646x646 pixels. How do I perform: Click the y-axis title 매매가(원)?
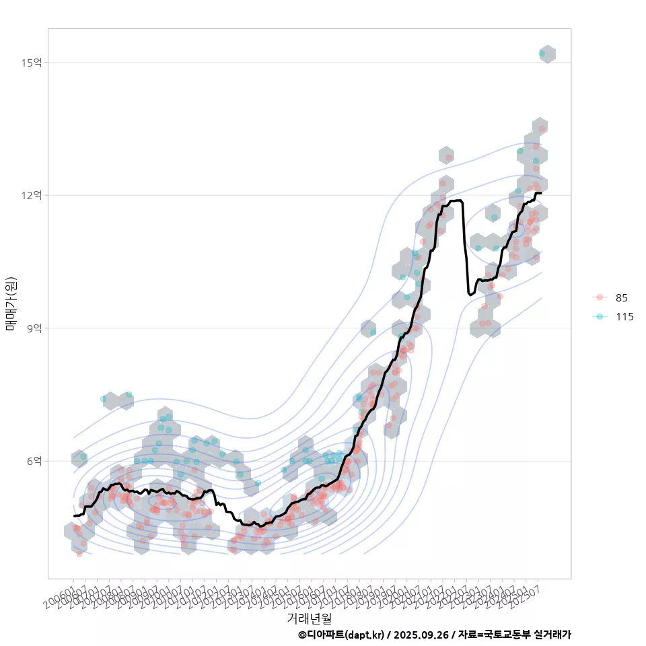(x=11, y=303)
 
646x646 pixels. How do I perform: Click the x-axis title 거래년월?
(x=309, y=617)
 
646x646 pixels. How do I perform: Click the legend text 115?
(x=624, y=316)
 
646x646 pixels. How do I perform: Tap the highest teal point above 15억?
(x=542, y=53)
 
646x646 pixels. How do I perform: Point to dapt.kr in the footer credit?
(x=364, y=635)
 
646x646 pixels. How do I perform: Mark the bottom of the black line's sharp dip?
(x=470, y=294)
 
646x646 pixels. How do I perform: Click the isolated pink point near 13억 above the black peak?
(x=448, y=157)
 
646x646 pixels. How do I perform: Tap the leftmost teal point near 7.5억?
(x=104, y=399)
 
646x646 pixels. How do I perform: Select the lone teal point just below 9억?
(x=372, y=332)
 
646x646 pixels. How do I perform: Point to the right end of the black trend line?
(x=541, y=193)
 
